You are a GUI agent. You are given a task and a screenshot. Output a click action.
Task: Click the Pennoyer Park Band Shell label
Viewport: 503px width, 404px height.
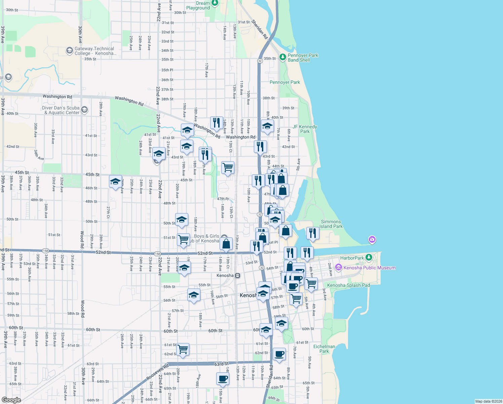(x=303, y=58)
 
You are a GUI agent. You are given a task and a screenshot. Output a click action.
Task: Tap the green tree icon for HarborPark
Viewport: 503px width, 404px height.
(x=369, y=258)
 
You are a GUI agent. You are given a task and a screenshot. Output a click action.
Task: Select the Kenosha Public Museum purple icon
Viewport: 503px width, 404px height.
(x=339, y=268)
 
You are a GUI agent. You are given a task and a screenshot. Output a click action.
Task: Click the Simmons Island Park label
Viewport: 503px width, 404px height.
(x=331, y=224)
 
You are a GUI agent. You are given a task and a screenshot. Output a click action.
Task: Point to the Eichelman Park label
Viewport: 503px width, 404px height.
(x=324, y=349)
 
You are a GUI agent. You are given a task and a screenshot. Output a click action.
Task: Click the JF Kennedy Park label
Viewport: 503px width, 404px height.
(x=305, y=129)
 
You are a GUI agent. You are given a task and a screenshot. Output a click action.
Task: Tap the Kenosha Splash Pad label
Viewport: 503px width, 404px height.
(x=348, y=285)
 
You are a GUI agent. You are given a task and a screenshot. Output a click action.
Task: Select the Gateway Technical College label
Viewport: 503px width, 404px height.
(x=95, y=51)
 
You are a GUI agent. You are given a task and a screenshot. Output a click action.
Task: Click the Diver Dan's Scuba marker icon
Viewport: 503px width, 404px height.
(x=84, y=109)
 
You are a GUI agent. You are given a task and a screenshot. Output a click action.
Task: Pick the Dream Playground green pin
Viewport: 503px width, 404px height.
(x=215, y=3)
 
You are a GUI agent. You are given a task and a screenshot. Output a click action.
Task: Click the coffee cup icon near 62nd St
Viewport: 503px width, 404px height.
(x=279, y=354)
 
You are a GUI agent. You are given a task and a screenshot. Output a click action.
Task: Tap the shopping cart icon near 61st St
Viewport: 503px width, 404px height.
(x=183, y=349)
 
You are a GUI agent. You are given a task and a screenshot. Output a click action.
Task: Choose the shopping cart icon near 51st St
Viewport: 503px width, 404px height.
(x=183, y=240)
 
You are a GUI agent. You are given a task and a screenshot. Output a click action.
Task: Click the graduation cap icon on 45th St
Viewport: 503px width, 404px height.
(x=115, y=181)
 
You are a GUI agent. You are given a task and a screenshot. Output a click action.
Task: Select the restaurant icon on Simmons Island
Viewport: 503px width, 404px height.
(x=313, y=233)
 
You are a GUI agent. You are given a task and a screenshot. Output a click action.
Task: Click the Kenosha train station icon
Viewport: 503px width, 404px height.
(x=238, y=275)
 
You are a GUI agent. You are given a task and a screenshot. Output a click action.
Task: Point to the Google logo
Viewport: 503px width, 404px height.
(x=11, y=400)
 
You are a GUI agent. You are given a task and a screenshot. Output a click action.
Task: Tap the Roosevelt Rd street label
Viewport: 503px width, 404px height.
(x=158, y=372)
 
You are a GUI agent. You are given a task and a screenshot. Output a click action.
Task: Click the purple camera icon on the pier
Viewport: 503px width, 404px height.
(x=372, y=240)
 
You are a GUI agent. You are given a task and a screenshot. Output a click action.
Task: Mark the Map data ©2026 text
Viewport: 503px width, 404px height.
(x=489, y=401)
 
